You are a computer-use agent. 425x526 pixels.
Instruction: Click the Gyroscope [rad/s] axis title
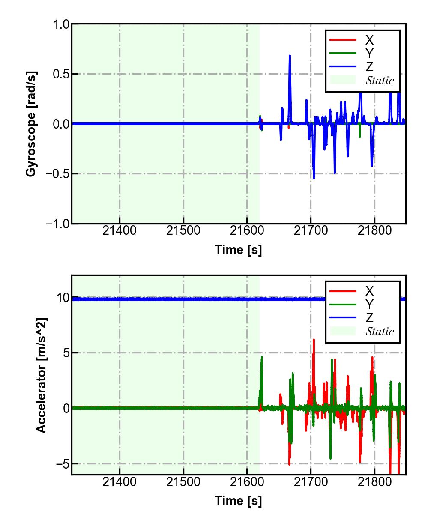(x=31, y=123)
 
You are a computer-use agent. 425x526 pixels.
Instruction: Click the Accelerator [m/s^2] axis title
(x=41, y=375)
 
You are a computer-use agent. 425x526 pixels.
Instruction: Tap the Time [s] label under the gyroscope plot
(x=238, y=250)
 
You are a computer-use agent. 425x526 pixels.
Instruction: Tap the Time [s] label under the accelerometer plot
(x=238, y=500)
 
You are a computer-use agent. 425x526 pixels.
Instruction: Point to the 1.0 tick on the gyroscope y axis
(x=61, y=24)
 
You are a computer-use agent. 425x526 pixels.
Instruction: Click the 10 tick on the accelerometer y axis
(x=63, y=298)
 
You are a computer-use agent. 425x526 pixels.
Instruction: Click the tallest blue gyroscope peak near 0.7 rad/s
(x=290, y=56)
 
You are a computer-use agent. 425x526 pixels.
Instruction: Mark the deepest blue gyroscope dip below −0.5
(x=314, y=178)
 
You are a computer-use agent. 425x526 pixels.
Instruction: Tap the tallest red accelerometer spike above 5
(x=314, y=340)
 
